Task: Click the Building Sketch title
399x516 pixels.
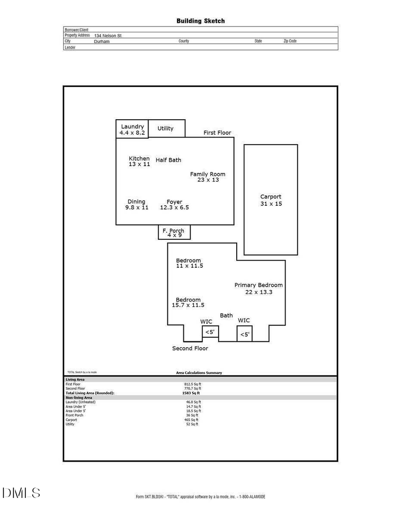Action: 200,21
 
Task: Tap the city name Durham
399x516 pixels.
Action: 102,41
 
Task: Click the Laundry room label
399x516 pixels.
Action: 132,129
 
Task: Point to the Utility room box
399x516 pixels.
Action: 166,128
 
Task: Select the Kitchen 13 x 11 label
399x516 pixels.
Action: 139,161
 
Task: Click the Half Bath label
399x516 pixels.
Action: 168,160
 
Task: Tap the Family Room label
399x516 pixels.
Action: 208,177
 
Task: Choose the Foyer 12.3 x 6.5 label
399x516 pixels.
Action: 174,204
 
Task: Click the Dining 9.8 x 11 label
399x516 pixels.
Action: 137,204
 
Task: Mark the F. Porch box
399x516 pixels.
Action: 174,232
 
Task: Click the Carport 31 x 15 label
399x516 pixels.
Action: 271,200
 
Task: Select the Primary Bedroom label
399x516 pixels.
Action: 258,288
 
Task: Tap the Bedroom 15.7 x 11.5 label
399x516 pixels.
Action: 188,302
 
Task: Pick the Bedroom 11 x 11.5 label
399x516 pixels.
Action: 189,263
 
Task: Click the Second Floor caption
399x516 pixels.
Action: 190,348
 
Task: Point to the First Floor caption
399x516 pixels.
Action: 217,133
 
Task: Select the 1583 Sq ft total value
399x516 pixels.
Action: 191,393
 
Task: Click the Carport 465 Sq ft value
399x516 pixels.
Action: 192,420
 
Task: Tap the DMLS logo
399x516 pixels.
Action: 21,493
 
